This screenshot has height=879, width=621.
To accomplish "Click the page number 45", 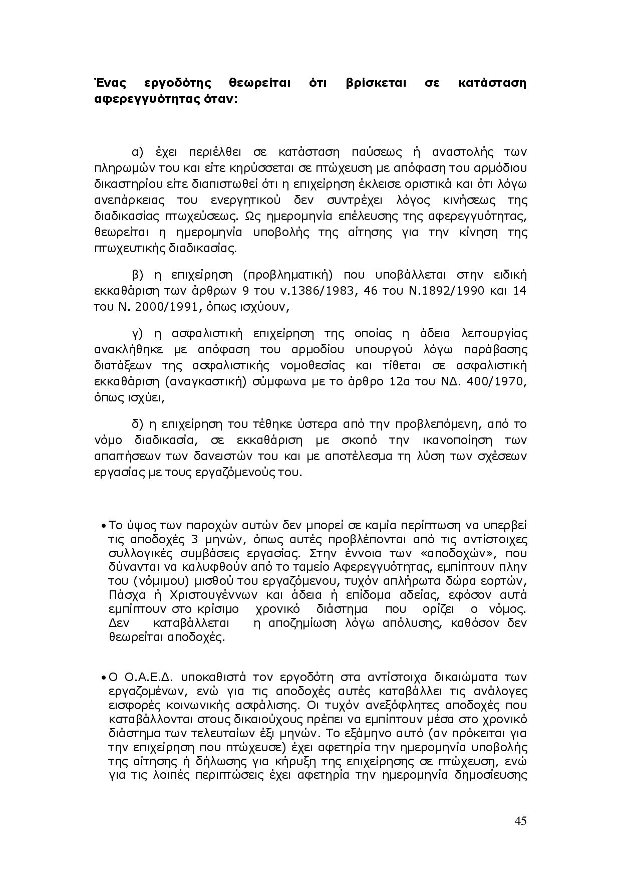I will click(520, 821).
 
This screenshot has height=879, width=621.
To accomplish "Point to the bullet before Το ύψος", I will click(102, 526).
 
